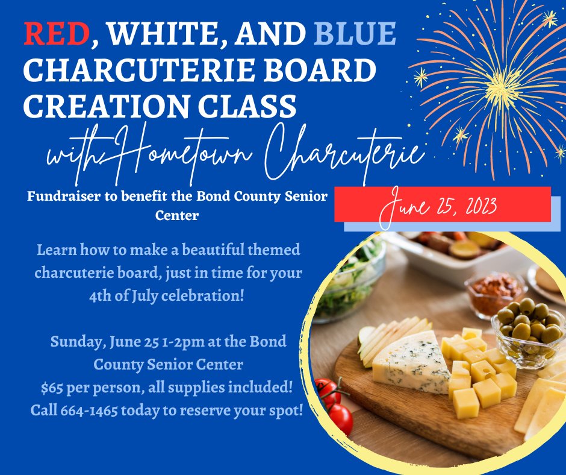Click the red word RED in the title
pyautogui.click(x=57, y=33)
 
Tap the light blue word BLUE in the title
pyautogui.click(x=355, y=33)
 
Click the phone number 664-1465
pyautogui.click(x=89, y=411)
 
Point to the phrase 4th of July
pyautogui.click(x=123, y=296)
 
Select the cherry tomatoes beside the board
pyautogui.click(x=334, y=404)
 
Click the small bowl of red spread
pyautogui.click(x=495, y=294)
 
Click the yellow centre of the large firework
pyautogui.click(x=502, y=86)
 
